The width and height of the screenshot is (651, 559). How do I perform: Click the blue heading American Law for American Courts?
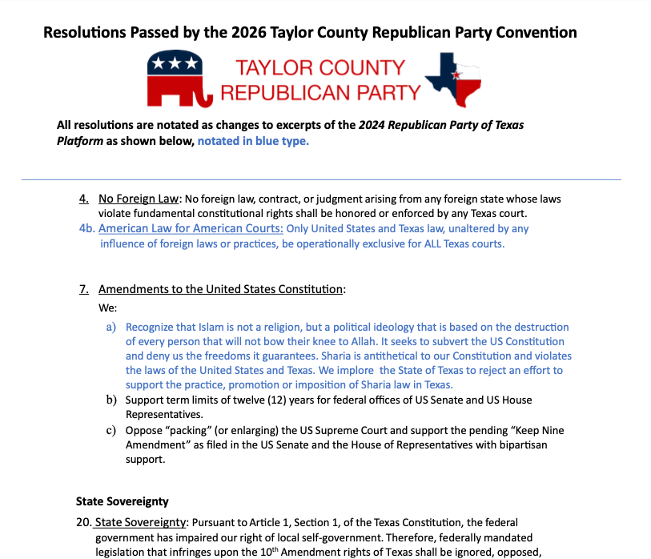tap(191, 228)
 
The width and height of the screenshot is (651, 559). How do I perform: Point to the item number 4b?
tap(87, 228)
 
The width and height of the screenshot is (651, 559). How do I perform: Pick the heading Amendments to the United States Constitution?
tap(221, 289)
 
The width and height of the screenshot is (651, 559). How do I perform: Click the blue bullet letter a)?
tap(111, 327)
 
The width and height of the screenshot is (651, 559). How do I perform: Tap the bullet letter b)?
tap(111, 400)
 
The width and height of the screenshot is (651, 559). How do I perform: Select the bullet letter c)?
tap(111, 430)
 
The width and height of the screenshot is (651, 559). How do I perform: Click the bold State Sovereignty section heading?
tap(123, 501)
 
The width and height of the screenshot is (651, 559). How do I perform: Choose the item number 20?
tap(83, 523)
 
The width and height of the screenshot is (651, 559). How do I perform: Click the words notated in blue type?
tap(253, 141)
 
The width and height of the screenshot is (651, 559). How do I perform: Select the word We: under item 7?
tap(108, 308)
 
